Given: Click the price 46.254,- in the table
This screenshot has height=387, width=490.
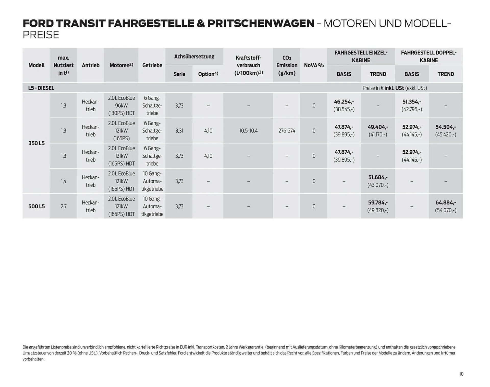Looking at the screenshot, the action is point(344,102).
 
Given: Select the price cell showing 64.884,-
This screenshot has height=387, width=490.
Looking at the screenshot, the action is point(446,203).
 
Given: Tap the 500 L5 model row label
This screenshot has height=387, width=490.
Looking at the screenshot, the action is point(36,206).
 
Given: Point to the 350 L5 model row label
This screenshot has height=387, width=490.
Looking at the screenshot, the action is point(36,143).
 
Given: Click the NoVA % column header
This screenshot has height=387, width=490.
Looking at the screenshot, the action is point(314,65).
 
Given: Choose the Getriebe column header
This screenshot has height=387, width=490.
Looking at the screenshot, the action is point(152,65).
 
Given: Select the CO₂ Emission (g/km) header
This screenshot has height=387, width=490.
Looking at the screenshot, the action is point(287,65).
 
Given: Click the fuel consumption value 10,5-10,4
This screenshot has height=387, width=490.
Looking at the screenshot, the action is point(248,131).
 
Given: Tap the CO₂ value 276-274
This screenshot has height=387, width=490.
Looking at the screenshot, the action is point(287,131).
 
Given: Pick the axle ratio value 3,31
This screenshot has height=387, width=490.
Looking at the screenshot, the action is point(179,131).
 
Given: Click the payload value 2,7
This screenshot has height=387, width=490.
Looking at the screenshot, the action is point(64,206).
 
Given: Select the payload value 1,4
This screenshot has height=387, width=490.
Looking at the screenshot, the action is point(64,181).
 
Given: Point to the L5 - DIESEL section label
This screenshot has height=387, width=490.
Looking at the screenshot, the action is point(41,88).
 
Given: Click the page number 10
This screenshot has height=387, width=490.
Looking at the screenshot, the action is point(461,374).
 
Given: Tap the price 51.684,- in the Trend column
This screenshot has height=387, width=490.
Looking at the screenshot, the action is point(378,177).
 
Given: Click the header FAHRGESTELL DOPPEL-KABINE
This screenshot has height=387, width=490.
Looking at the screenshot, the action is point(428,56).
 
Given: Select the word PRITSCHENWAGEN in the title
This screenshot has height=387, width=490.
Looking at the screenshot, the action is point(261,24).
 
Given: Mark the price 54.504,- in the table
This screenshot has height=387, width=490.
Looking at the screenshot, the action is point(446,127).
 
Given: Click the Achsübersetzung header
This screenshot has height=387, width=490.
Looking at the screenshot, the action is point(194,56).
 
